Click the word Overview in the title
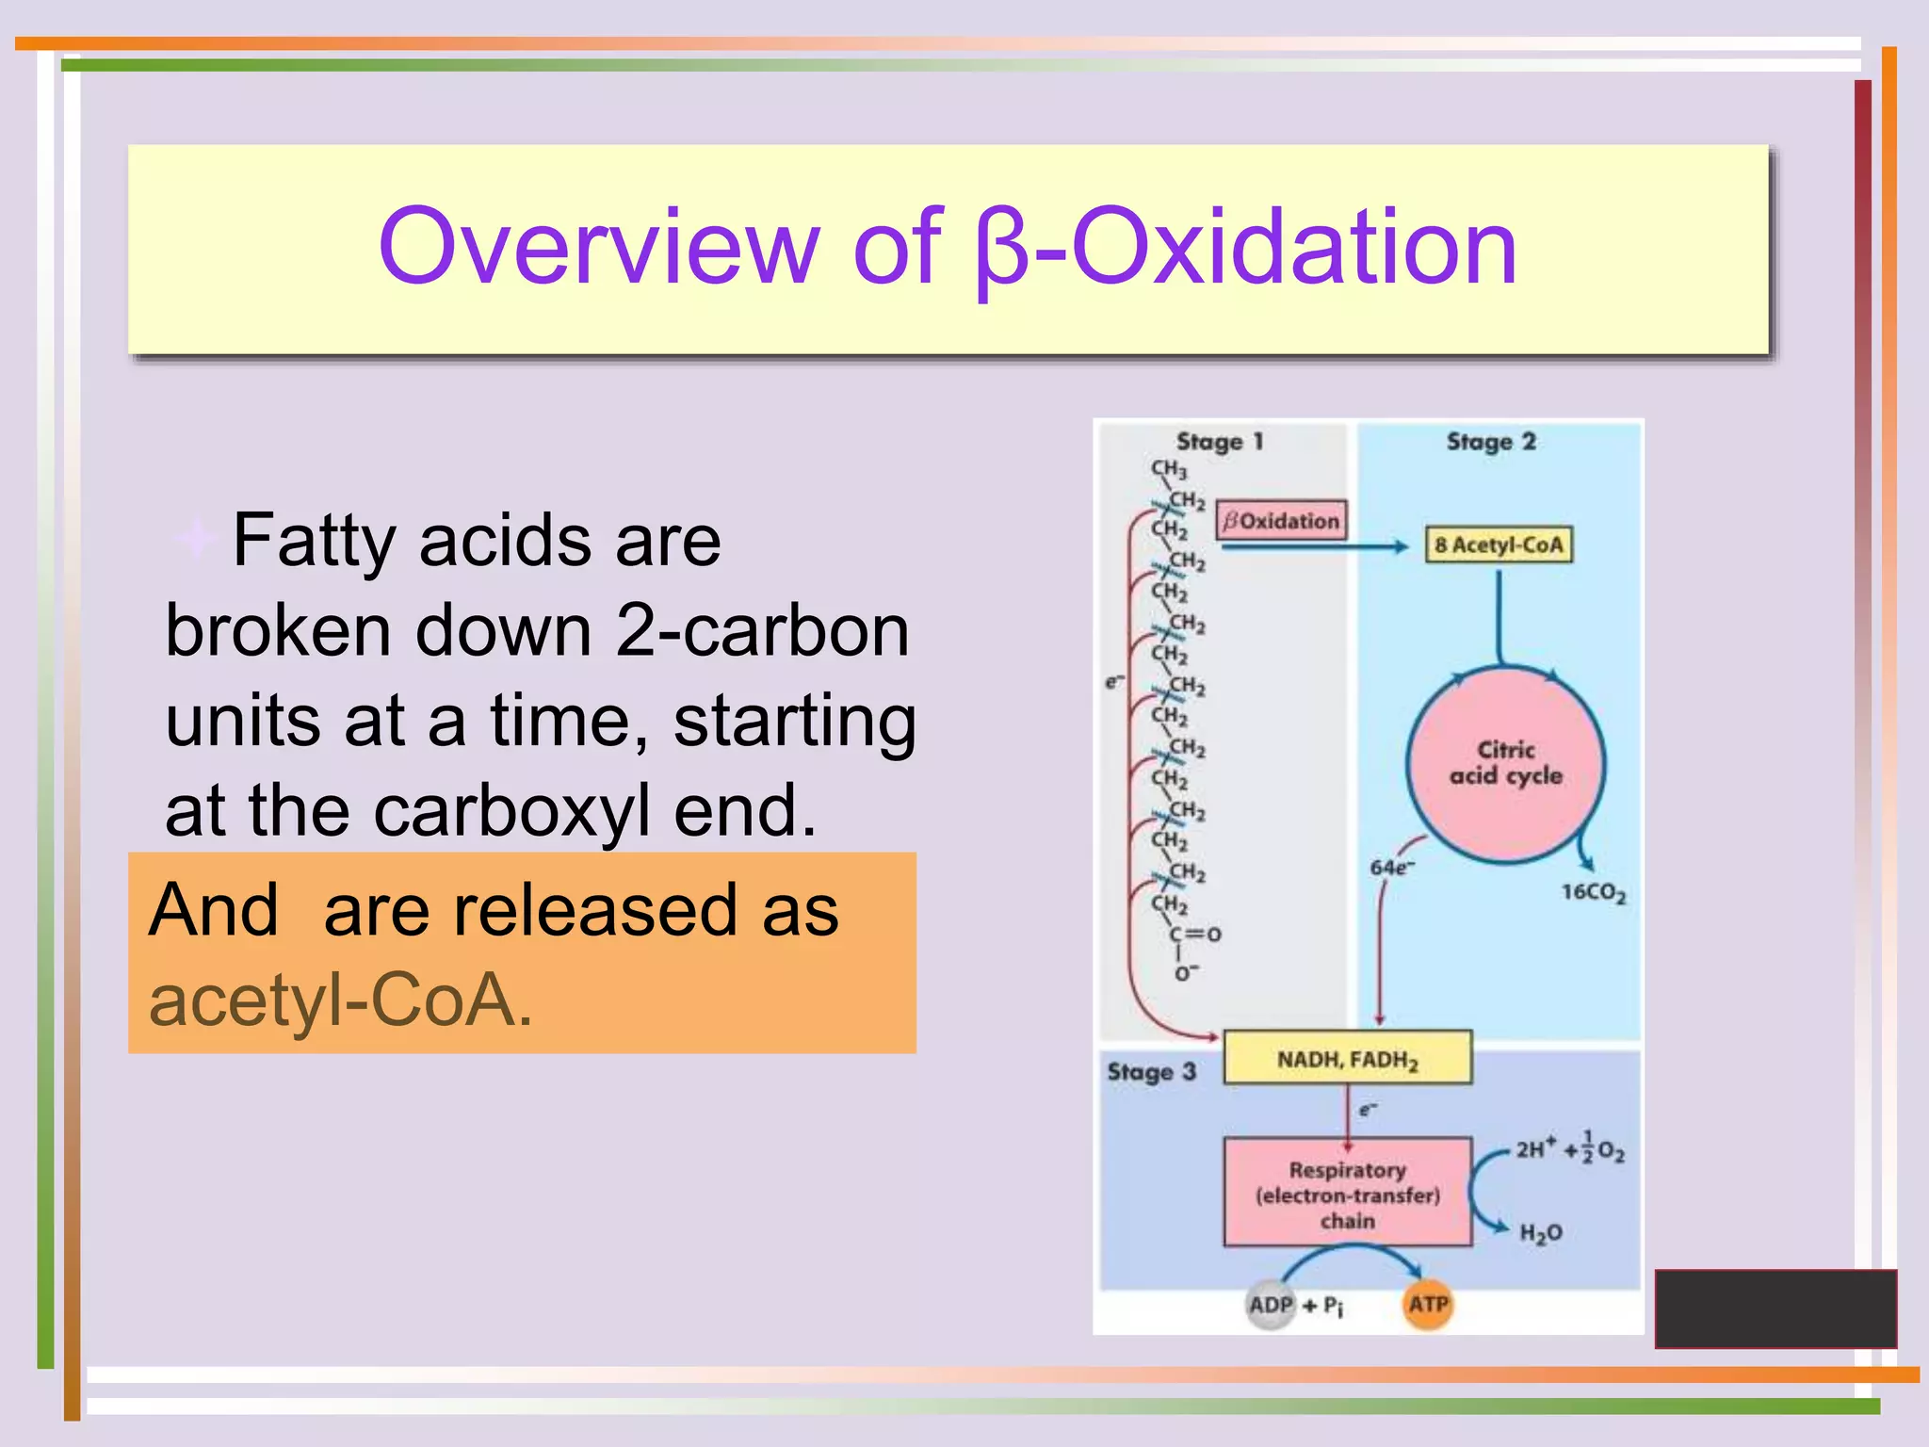598,247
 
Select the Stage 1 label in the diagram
1219,442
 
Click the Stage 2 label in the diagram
1490,442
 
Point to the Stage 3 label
1151,1072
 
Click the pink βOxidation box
1281,521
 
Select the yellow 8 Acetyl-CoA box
1498,545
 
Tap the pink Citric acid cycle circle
1505,763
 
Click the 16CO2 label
1593,892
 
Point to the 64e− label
1391,868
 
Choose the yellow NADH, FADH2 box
1347,1059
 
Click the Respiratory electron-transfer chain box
1347,1194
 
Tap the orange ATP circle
1428,1305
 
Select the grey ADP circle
1271,1305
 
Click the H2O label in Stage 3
1541,1233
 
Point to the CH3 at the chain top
1169,468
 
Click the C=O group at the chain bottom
1194,935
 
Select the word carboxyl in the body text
512,811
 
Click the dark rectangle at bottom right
1775,1309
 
